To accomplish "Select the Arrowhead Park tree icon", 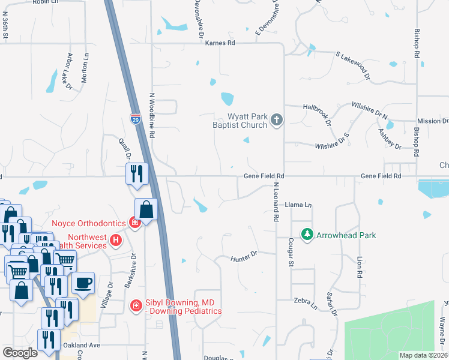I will click(x=307, y=234).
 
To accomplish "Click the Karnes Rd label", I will click(x=220, y=43).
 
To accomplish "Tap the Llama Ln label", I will click(x=298, y=205).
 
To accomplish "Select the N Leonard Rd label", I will click(x=277, y=203).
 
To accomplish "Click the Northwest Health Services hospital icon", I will click(x=116, y=241).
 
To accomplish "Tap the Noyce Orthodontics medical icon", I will click(x=136, y=223).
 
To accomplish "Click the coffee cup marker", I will click(x=83, y=283).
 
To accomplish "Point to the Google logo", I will click(x=20, y=353).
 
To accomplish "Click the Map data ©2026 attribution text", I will click(x=423, y=355).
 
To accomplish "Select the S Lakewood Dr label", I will click(x=354, y=67).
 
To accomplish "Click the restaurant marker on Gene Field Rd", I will click(x=136, y=173).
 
